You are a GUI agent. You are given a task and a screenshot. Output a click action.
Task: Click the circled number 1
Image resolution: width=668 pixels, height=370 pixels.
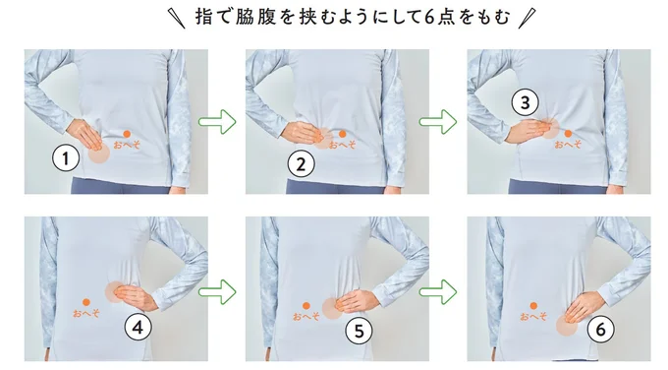point(66,158)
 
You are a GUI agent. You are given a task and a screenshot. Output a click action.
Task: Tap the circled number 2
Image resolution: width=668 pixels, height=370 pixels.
point(302,164)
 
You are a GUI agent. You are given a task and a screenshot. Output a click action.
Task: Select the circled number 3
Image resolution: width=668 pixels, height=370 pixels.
point(525,103)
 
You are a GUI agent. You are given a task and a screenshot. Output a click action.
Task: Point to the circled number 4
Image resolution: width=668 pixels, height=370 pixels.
point(138,328)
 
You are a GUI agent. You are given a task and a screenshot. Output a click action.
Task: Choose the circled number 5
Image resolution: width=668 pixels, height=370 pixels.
point(359,331)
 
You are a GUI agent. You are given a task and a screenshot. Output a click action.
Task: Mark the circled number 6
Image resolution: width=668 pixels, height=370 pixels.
point(600,329)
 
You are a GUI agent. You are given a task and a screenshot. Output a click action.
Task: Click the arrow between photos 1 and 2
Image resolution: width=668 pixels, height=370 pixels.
point(217,122)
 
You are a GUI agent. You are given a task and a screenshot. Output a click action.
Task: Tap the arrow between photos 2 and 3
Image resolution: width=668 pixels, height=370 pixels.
point(438,122)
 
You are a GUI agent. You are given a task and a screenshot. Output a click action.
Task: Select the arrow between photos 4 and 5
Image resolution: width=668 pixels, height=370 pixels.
point(217,292)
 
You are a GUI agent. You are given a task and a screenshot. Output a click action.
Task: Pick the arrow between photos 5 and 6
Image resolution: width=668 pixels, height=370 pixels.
point(438,292)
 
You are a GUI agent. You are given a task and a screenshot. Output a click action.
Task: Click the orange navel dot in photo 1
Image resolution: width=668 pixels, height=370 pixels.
point(127,134)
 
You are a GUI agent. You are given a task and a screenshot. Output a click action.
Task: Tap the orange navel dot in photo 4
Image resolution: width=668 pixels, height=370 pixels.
point(86,302)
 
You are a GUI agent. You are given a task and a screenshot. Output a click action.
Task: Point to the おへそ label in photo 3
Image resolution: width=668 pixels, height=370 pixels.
point(568,145)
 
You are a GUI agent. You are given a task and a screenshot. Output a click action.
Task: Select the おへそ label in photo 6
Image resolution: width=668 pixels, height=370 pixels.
point(533,316)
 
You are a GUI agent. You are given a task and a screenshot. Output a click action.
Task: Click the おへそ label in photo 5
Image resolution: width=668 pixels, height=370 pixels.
point(306,316)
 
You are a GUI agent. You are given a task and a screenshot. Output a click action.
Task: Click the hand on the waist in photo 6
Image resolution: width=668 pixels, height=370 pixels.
point(584,306)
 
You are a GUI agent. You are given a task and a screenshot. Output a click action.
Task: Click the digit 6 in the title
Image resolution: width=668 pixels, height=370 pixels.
point(430,17)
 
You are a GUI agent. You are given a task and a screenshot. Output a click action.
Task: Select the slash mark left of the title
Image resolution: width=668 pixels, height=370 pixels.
point(177,19)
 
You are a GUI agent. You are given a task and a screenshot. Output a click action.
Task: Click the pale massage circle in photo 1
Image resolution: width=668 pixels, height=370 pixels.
point(99,154)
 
